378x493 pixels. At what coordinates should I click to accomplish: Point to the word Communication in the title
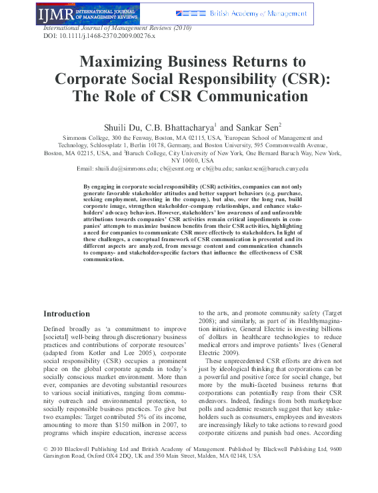(x=252, y=96)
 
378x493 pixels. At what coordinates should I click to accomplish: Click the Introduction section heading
(x=66, y=313)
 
